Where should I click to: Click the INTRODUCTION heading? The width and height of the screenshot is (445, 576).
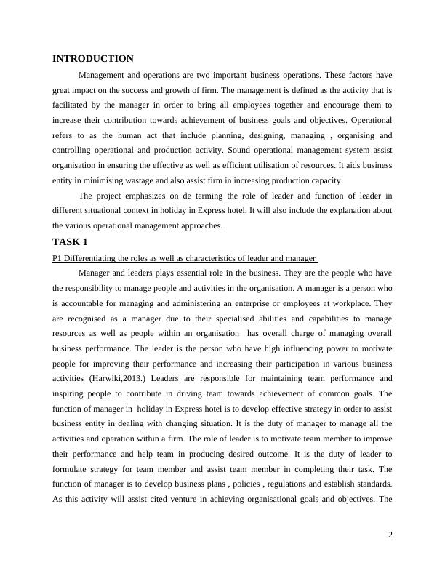(93, 59)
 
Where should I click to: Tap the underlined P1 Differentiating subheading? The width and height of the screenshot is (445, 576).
(185, 258)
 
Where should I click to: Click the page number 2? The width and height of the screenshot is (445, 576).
(390, 535)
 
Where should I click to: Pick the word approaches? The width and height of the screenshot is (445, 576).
(222, 226)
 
